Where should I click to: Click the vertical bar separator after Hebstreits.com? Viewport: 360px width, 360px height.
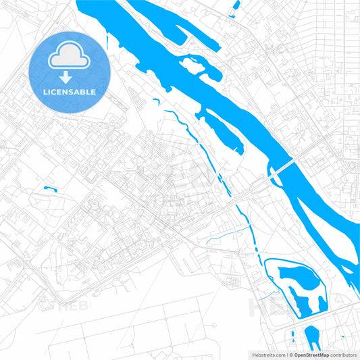pos(286,354)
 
